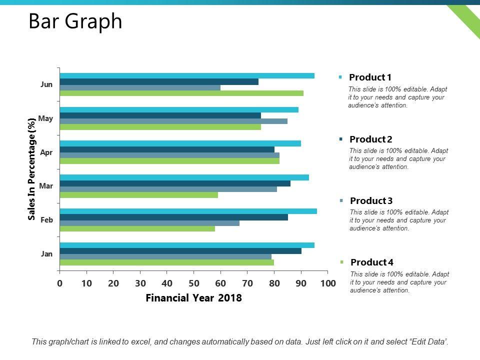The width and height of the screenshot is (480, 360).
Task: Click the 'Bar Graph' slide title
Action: [75, 21]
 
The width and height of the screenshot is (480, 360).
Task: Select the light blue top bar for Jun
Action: [187, 75]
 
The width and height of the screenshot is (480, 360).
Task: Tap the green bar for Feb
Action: [137, 228]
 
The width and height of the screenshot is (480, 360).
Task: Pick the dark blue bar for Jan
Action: [180, 251]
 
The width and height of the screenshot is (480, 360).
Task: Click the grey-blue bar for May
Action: [173, 121]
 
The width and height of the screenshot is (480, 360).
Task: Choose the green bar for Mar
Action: [138, 194]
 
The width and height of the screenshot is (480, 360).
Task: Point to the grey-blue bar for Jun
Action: [140, 87]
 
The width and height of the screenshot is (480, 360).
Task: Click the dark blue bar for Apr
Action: [167, 149]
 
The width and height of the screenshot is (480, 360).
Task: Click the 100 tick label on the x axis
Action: [327, 283]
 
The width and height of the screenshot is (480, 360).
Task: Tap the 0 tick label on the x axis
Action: [59, 283]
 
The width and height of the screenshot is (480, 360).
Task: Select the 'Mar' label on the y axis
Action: [46, 186]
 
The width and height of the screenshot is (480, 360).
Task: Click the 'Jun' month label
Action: [46, 84]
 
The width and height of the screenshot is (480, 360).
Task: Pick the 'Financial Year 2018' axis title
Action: [193, 298]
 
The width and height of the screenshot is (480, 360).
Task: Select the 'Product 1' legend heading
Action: [370, 77]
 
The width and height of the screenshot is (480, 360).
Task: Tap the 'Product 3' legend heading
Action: [371, 201]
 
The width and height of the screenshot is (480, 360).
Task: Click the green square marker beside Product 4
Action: [341, 262]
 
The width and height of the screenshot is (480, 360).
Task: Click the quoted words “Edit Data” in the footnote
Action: [428, 342]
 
